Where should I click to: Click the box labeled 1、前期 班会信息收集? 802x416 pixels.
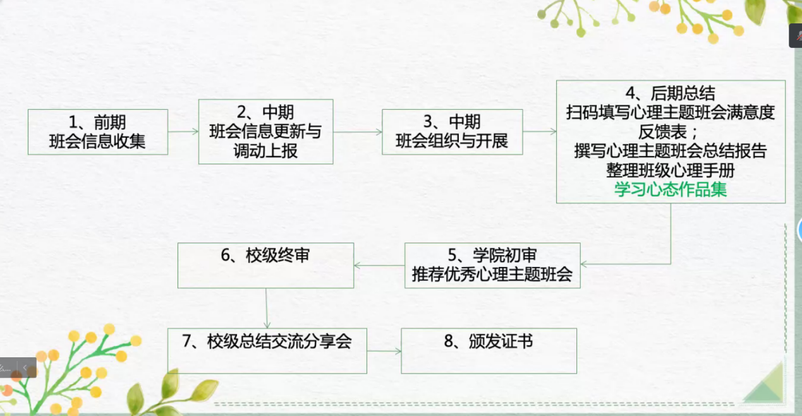point(98,132)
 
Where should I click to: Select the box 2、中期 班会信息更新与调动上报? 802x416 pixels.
point(265,132)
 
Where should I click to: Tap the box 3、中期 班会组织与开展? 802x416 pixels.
point(453,132)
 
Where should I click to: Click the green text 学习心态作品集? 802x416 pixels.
point(671,189)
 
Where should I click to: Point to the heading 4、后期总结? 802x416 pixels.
point(671,93)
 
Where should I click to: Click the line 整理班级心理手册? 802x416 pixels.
point(671,170)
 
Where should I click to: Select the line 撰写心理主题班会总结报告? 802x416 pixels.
point(671,151)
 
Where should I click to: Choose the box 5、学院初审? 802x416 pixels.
point(492,265)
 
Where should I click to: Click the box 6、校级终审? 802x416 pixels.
point(265,265)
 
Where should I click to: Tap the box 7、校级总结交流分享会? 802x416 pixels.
point(267,351)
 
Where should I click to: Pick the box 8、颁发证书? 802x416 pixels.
point(489,351)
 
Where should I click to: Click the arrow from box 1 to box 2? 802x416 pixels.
point(183,132)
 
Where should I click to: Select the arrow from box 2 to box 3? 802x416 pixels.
point(358,132)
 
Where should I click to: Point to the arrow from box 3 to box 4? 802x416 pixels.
point(540,132)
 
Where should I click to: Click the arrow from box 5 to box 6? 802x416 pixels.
point(379,265)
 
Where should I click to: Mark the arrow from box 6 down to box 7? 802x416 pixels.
point(266,308)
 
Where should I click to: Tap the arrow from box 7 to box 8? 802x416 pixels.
point(384,351)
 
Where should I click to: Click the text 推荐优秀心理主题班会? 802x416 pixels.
point(492,275)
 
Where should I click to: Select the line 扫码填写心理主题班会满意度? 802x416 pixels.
point(671,112)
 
